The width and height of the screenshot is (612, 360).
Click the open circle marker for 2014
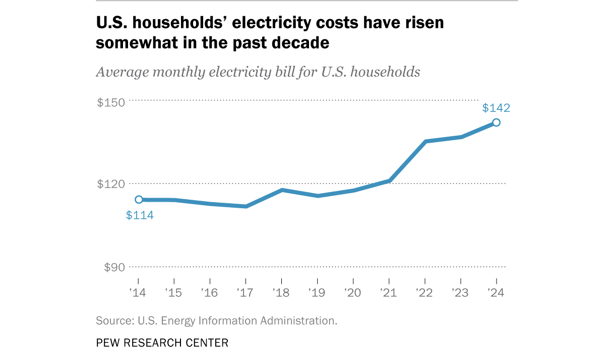[139, 200]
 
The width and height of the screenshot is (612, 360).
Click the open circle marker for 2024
[496, 123]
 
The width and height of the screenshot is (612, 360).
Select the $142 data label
[496, 108]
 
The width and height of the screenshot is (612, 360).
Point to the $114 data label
[140, 215]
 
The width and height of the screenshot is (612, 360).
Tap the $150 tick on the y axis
[110, 103]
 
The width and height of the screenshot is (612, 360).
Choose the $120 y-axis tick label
[110, 184]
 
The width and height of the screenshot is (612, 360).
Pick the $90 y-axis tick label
[114, 267]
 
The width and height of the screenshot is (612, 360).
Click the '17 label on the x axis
[245, 292]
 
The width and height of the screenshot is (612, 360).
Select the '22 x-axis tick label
[424, 292]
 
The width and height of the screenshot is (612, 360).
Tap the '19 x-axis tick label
[317, 292]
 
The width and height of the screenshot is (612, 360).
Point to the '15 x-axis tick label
[173, 292]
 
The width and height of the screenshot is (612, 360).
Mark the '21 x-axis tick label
[389, 292]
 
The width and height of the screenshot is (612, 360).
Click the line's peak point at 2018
[282, 190]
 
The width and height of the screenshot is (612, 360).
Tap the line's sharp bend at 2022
[425, 142]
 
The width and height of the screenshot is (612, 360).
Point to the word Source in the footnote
[112, 321]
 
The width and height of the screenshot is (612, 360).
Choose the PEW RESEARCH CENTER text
[162, 343]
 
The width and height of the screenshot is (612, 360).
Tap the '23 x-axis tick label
[460, 292]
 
